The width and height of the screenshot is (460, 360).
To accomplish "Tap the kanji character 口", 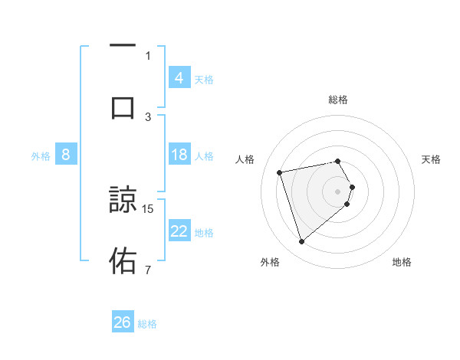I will point(123,106).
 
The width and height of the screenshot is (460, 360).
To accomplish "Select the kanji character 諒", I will point(123,201).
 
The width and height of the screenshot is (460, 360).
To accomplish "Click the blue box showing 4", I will point(179,77).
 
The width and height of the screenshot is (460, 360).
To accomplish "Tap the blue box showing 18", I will point(179,155).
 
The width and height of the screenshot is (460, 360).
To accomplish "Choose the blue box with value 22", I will point(179,231).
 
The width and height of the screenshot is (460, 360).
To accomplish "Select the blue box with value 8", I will point(66,155).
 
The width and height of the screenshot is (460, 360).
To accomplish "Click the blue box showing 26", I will point(123,322).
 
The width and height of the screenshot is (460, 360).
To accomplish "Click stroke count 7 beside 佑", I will point(148,270).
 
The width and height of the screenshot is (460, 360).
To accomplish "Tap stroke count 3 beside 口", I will point(148,116).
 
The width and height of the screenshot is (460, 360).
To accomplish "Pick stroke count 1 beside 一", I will point(148,55).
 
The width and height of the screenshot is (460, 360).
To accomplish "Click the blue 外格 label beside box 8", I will point(41,155).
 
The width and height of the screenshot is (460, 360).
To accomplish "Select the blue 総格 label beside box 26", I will point(147,323).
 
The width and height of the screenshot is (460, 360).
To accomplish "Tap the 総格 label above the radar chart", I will point(338,100).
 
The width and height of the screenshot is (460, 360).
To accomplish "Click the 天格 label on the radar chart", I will point(431,159).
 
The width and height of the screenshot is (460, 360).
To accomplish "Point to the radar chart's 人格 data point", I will point(280,172).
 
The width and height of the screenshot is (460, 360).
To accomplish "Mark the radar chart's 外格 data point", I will point(302,242).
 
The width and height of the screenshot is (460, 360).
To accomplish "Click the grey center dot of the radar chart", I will point(338,191).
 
